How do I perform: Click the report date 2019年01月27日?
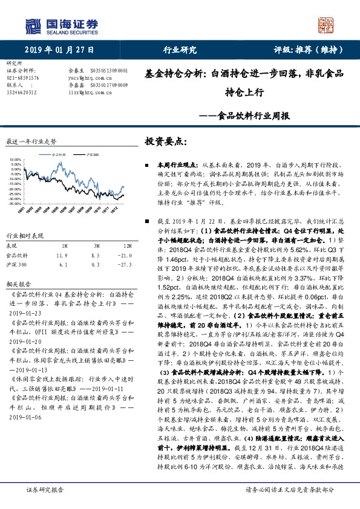pos(55,51)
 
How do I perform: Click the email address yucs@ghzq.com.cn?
pos(83,78)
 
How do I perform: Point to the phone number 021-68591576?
pos(23,78)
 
